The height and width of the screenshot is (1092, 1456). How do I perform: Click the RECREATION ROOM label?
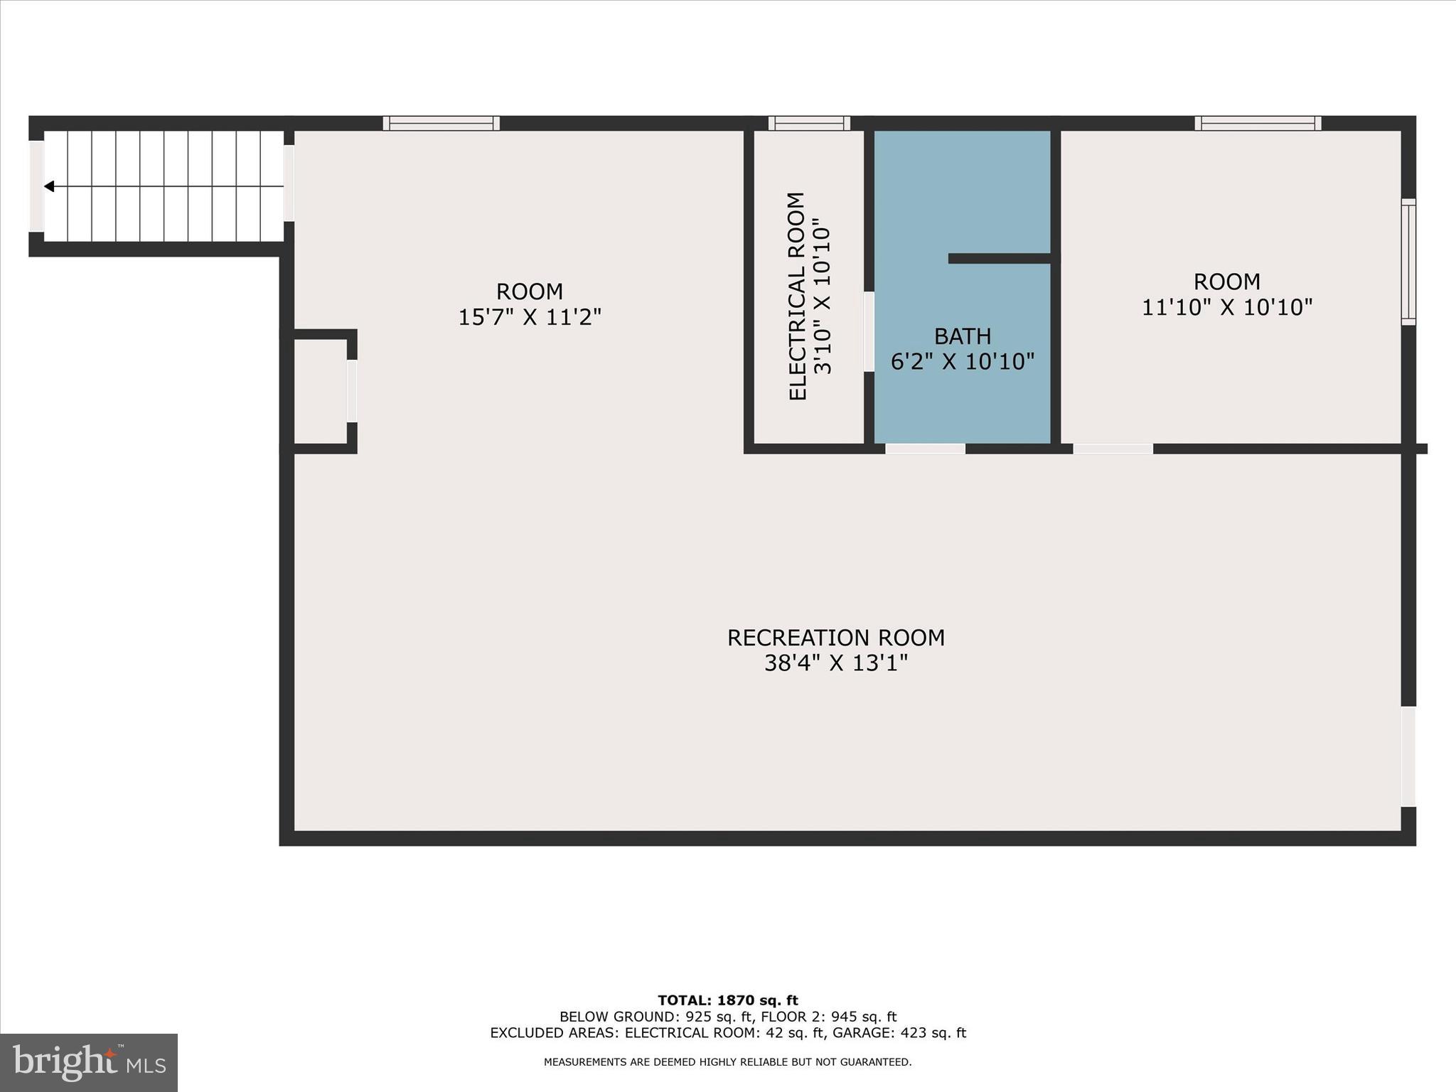click(835, 637)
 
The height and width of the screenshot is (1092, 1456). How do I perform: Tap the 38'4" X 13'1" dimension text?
click(835, 663)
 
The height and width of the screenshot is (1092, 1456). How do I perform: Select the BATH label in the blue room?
click(962, 336)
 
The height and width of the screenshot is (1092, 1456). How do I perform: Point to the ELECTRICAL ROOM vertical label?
click(798, 296)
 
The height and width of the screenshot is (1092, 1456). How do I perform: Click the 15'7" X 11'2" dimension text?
click(529, 317)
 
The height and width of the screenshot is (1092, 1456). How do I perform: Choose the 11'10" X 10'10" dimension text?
click(1226, 307)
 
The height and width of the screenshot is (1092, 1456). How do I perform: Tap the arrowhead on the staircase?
click(49, 186)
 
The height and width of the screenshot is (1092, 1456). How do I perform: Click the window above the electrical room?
click(809, 123)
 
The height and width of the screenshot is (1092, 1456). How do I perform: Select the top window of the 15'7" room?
click(441, 123)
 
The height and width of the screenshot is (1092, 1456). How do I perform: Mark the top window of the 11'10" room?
click(1257, 123)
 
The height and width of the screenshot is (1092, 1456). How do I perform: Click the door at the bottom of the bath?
click(925, 449)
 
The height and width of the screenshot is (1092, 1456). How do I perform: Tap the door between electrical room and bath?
click(869, 331)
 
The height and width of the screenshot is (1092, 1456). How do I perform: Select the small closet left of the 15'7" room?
click(320, 391)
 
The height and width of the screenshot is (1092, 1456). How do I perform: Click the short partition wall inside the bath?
click(999, 258)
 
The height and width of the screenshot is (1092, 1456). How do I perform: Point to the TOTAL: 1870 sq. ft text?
click(727, 1000)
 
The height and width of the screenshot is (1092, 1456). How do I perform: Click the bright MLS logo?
click(89, 1062)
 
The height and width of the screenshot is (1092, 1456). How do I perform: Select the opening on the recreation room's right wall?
click(1408, 756)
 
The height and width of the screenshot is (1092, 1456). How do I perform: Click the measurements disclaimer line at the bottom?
click(727, 1062)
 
